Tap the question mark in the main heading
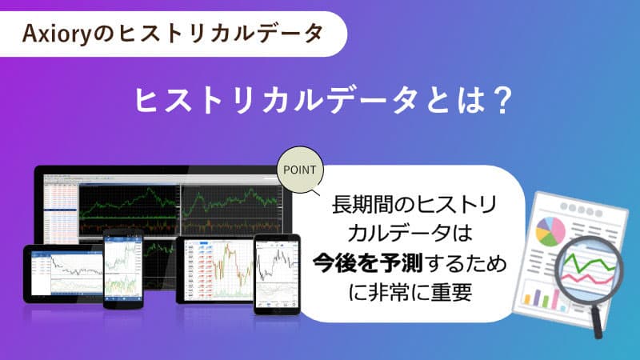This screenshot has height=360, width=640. tap(498, 102)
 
